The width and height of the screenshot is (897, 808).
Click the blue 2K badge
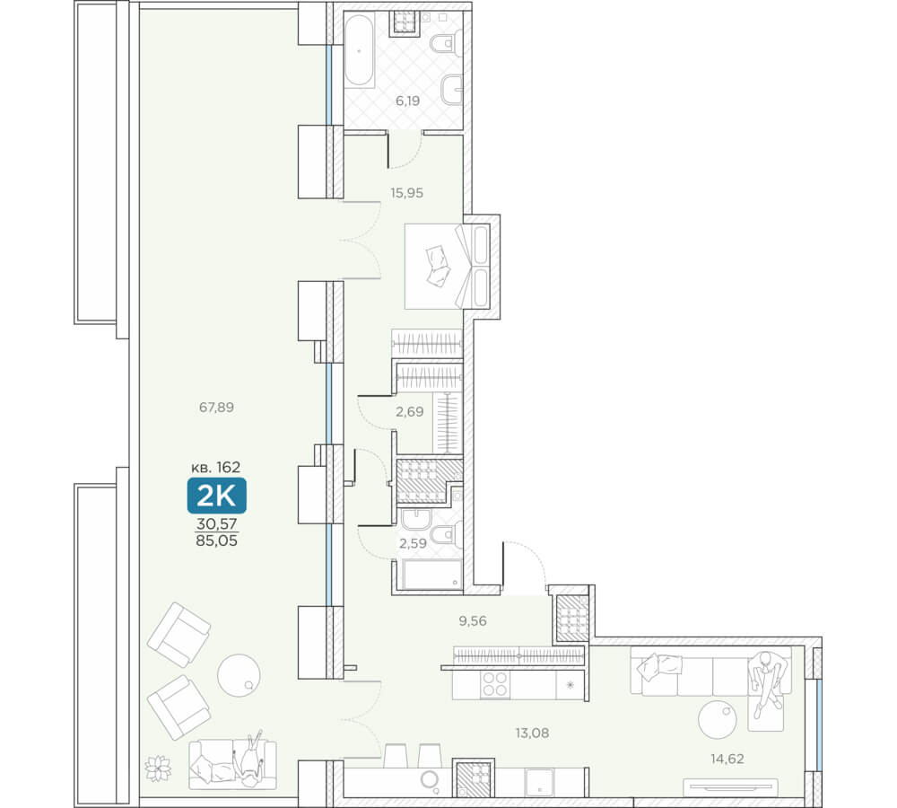[217, 496]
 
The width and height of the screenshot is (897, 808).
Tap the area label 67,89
[216, 408]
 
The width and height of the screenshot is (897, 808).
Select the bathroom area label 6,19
[407, 101]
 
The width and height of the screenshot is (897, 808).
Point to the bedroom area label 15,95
[406, 193]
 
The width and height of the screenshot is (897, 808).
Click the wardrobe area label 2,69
[410, 411]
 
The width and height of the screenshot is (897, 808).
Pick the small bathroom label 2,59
[413, 543]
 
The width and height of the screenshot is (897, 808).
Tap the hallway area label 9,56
[473, 620]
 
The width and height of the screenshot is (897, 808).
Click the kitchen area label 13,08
[532, 733]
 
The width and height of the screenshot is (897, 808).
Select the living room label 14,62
[727, 759]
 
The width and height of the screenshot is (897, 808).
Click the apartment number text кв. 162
[215, 467]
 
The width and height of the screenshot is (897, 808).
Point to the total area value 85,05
[216, 540]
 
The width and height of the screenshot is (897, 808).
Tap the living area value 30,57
[216, 523]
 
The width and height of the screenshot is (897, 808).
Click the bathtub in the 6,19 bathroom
[360, 50]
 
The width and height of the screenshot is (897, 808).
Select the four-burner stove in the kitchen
[495, 684]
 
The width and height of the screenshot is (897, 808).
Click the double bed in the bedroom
[447, 267]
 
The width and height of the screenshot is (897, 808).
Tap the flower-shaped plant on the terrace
[158, 768]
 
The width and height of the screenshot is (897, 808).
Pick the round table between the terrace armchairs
[239, 675]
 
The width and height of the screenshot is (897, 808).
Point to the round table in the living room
[718, 719]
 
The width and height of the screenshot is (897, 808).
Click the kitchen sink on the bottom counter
[539, 782]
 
